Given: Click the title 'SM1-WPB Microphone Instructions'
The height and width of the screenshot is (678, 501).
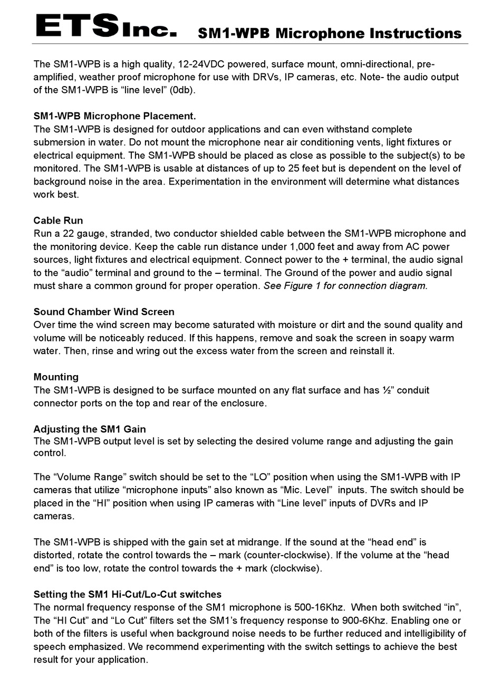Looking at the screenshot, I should (330, 33).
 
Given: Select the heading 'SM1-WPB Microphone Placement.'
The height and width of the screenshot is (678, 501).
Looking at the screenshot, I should (114, 116).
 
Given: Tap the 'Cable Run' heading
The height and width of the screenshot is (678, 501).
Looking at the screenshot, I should (58, 221).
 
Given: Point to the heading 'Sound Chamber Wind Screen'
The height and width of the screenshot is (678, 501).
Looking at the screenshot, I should (104, 312).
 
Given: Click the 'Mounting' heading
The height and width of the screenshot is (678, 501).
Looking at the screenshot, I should (56, 377).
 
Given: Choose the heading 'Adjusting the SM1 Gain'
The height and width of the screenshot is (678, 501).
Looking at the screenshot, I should (90, 429).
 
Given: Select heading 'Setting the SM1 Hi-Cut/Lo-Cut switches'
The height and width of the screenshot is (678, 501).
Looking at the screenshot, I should (127, 594).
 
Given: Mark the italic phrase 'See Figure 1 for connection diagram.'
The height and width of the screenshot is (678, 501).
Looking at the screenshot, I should (345, 285).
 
